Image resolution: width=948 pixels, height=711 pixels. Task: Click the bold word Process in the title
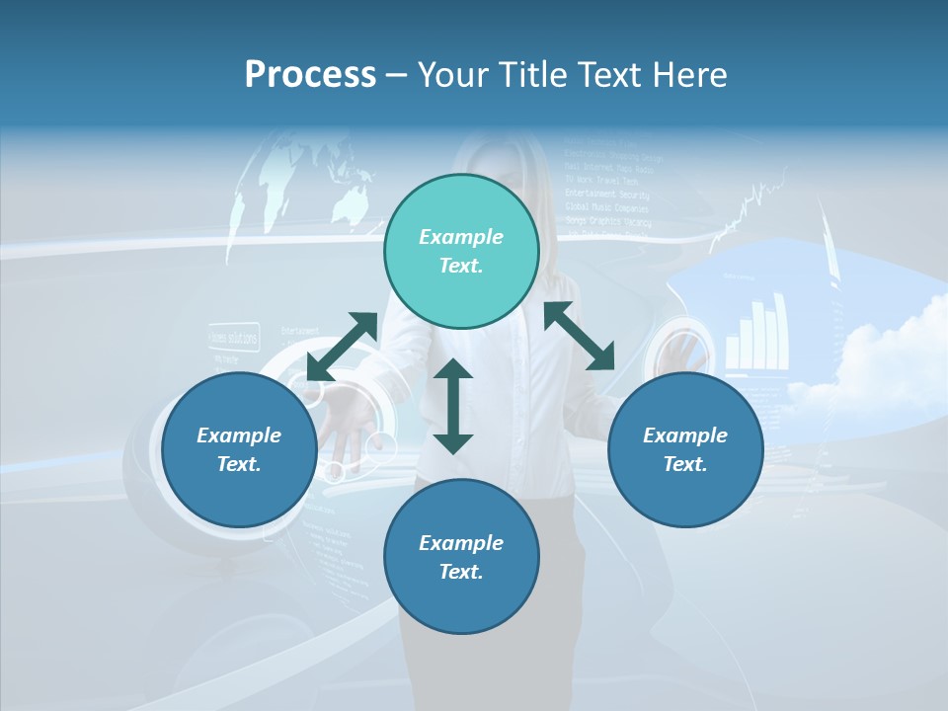click(310, 74)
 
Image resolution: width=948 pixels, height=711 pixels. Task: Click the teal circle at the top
click(461, 252)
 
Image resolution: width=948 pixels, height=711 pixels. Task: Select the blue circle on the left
click(239, 449)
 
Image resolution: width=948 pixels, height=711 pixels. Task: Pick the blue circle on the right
click(685, 449)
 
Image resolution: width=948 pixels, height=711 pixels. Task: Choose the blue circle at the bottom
click(461, 557)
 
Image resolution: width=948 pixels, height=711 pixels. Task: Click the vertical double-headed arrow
click(453, 406)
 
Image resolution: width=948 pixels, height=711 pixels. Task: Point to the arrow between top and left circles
click(342, 346)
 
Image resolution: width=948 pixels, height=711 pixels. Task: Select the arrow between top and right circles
click(580, 336)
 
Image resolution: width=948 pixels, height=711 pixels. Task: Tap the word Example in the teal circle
click(461, 237)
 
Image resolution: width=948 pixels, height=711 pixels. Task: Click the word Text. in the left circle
click(239, 464)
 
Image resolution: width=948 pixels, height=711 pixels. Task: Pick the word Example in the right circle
click(685, 435)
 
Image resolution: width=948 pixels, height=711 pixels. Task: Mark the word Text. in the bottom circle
click(461, 572)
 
